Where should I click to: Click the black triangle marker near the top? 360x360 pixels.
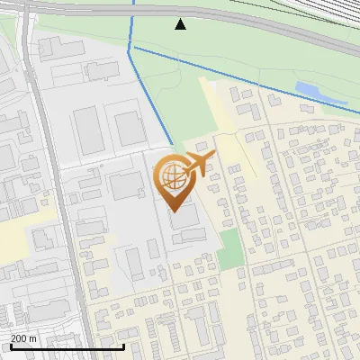point(180,24)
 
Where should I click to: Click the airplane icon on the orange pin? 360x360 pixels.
point(198,163)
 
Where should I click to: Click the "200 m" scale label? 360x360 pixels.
point(24,338)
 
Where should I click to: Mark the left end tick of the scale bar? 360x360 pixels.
point(10,345)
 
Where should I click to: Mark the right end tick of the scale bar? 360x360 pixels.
point(123,345)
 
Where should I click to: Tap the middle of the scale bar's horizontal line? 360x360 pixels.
point(67,347)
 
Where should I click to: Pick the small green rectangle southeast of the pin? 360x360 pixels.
point(230,248)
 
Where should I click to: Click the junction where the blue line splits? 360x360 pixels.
point(130,50)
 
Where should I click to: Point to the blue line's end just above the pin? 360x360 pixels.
point(172,146)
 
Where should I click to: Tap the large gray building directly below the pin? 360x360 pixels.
point(186,217)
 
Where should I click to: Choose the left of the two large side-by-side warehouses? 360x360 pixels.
point(89,130)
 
